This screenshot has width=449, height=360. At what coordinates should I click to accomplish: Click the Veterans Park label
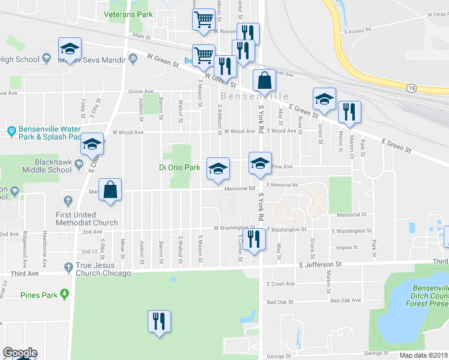click(x=128, y=14)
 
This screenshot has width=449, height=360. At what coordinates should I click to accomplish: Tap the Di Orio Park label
click(x=179, y=167)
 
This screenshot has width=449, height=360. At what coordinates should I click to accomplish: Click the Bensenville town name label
click(x=255, y=96)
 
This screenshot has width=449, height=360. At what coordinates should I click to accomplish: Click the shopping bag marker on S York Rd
click(x=264, y=81)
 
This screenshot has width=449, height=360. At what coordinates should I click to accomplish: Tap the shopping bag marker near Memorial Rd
click(x=110, y=190)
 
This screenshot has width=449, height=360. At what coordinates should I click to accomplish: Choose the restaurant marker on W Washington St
click(x=255, y=240)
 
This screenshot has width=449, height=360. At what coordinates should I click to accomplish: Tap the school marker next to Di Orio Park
click(x=218, y=169)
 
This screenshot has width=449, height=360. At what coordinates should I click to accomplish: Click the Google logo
click(x=20, y=353)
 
